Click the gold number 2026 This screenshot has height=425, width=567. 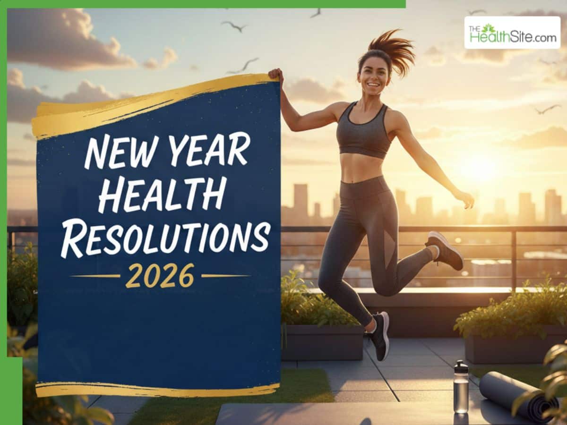[160, 275]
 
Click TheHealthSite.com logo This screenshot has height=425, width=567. [512, 33]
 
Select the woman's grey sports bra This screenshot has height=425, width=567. [363, 132]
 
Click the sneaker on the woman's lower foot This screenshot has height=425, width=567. [380, 335]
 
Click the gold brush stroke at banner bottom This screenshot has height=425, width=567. [156, 390]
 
